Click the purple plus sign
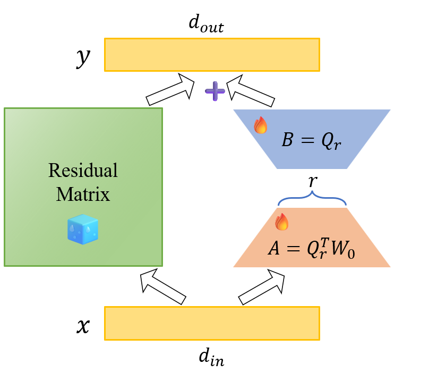coord(215,91)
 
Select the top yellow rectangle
coord(212,55)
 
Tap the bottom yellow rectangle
coord(212,323)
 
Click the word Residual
coord(83,171)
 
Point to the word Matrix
coord(83,194)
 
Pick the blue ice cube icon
coord(83,230)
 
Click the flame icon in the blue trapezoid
coord(261,125)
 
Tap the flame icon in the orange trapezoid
coord(281,222)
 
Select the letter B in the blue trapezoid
coord(287,140)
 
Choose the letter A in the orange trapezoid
coord(274,249)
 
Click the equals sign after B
coord(306,141)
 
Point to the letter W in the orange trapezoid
coord(340,249)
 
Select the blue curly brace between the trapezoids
coord(312,198)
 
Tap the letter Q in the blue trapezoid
coord(325,141)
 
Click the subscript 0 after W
coord(351,253)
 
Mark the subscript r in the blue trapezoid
coord(337,146)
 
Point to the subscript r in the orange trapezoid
coord(323,255)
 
